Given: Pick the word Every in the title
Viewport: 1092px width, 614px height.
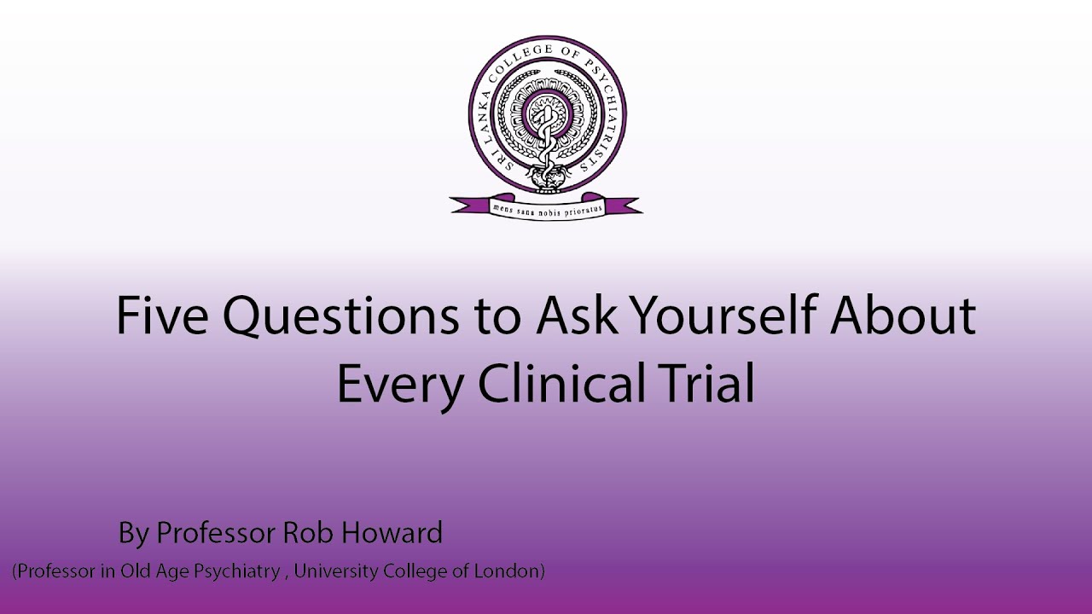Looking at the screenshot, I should pos(398,385).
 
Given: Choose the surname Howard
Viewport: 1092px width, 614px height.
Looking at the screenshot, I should pos(392,534).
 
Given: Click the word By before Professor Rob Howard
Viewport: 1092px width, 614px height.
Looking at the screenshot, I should pos(134,535).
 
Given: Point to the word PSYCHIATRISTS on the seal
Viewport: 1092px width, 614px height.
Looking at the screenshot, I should pos(605,107).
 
